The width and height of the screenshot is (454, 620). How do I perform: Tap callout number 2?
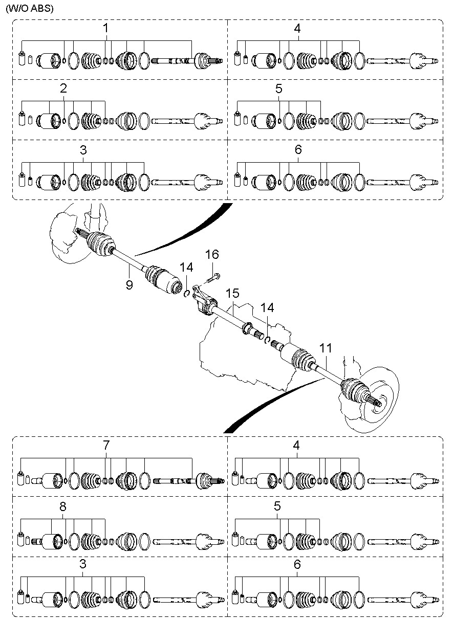click(x=63, y=88)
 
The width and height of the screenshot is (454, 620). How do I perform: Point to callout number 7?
click(x=106, y=445)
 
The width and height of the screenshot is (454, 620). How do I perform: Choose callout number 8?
click(x=62, y=506)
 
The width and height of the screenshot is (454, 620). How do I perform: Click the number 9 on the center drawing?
click(x=129, y=285)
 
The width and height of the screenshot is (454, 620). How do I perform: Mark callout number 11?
click(x=326, y=349)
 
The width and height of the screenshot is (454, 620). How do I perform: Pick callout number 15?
click(x=232, y=294)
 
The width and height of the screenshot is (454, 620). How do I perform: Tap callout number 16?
click(x=212, y=255)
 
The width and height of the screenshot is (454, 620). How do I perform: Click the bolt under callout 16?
click(x=212, y=279)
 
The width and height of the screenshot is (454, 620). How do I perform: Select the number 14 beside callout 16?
click(x=187, y=267)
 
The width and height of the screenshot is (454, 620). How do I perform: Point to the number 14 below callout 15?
click(x=267, y=308)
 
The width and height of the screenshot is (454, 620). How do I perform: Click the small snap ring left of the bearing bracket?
click(x=187, y=293)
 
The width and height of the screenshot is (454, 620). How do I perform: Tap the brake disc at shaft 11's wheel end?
click(x=376, y=394)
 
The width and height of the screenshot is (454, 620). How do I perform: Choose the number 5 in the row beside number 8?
click(x=277, y=506)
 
